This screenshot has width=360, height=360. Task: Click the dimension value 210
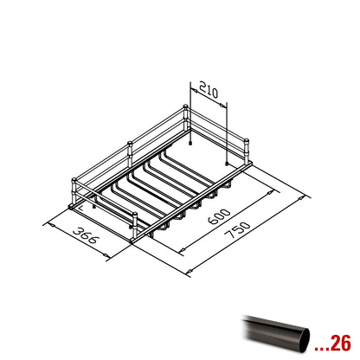point(209,90)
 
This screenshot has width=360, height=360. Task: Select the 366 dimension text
point(87,235)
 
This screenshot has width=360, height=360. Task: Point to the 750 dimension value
point(237,229)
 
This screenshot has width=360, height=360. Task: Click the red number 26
point(340,343)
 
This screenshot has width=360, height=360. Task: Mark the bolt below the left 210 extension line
point(190,143)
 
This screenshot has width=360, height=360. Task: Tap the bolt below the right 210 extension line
point(227,164)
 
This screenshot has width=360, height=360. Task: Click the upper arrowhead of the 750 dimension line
point(300,198)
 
